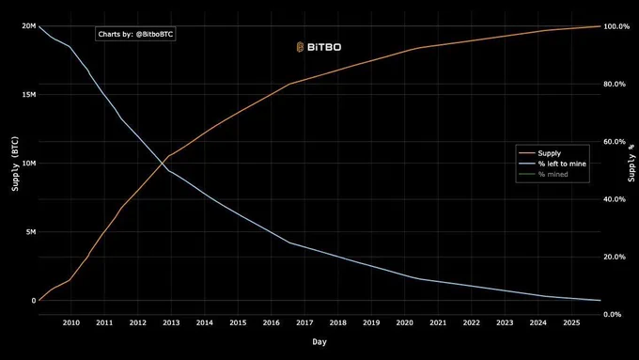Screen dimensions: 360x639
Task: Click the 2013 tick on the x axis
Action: (171, 322)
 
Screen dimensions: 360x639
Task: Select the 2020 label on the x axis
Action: (404, 322)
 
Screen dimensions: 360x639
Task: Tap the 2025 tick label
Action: (571, 322)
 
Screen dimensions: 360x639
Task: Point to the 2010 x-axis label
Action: (71, 322)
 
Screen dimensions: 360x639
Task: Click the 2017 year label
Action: (304, 322)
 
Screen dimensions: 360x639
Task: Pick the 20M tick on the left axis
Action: (28, 26)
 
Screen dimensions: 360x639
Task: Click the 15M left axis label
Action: (28, 95)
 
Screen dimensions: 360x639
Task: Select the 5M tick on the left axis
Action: (30, 232)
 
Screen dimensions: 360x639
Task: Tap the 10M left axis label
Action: (28, 164)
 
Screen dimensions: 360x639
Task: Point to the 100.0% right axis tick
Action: (616, 26)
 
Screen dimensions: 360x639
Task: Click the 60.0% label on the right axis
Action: (615, 142)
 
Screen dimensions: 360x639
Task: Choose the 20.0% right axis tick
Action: (615, 257)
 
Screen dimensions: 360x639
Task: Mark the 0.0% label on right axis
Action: (613, 314)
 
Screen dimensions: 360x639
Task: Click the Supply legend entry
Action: (558, 152)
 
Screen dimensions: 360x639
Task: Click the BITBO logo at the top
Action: (319, 46)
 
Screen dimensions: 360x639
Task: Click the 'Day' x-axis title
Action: (319, 342)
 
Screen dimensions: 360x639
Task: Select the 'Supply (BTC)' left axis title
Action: (14, 164)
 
